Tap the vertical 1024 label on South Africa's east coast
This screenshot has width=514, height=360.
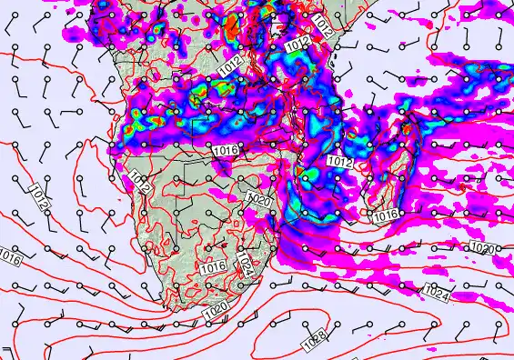click(x=244, y=265)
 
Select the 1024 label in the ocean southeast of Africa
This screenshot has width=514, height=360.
click(x=437, y=291)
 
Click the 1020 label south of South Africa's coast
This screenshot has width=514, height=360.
click(x=216, y=311)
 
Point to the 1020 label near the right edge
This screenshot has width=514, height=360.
click(x=483, y=248)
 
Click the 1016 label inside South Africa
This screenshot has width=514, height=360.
click(x=213, y=266)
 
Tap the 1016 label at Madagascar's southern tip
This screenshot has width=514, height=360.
click(x=386, y=215)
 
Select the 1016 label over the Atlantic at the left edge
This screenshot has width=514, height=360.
click(x=10, y=257)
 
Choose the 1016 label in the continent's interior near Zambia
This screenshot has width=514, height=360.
click(x=225, y=149)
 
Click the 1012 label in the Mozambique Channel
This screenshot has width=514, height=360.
click(x=338, y=161)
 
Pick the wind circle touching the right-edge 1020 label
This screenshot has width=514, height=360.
click(x=499, y=247)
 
